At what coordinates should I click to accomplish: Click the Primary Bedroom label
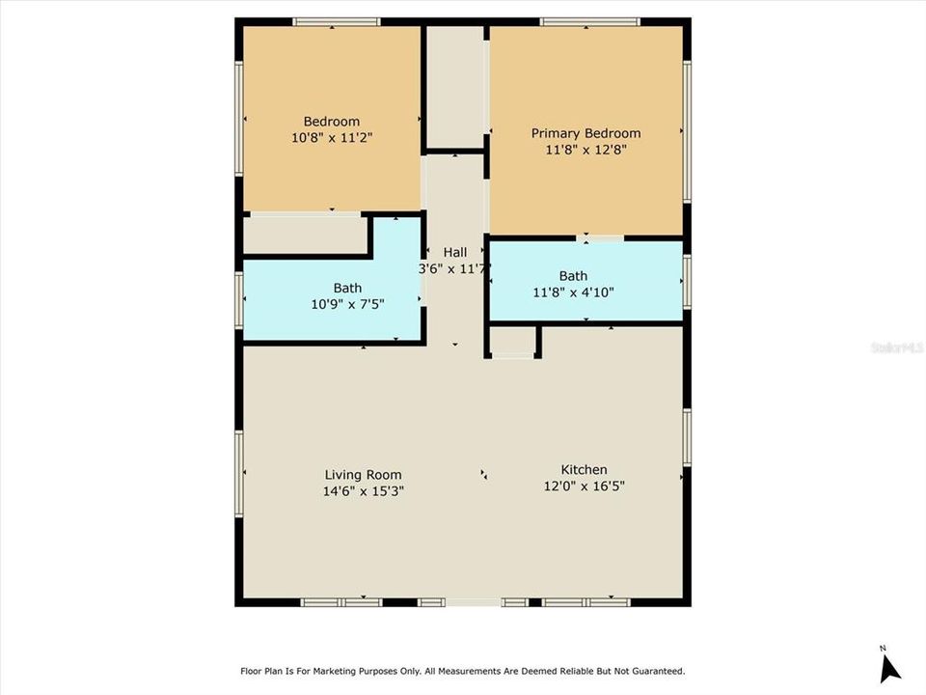586,133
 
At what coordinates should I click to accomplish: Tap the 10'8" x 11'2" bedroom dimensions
332,138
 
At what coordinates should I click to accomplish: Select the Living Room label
363,475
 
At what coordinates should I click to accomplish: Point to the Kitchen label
585,470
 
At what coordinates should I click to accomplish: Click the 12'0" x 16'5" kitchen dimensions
585,486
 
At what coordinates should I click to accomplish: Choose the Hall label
454,252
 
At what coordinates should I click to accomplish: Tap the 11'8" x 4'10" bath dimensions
573,292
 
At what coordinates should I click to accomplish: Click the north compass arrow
889,667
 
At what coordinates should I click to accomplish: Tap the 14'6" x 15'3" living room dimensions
363,490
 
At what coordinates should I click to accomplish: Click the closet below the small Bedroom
305,235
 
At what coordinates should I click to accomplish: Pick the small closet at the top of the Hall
455,87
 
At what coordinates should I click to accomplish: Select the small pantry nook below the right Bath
512,341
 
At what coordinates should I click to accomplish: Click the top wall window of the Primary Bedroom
589,21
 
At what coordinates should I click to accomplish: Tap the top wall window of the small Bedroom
336,21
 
